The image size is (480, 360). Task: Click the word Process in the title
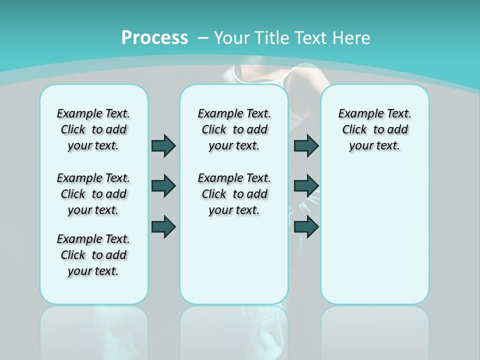point(154,37)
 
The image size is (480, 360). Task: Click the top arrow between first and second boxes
point(163,145)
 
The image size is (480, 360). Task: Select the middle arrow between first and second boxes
point(163,186)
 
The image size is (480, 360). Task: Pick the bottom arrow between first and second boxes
point(163,226)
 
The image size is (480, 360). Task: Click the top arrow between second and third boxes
point(306,145)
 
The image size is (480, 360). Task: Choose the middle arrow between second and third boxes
point(306,186)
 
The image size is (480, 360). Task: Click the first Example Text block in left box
point(93,129)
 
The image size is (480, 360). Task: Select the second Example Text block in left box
point(93,194)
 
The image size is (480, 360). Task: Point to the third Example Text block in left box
point(93,255)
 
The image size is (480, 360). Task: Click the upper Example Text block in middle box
point(234,129)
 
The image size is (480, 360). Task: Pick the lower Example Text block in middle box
point(234,194)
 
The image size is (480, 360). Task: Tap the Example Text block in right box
point(374,129)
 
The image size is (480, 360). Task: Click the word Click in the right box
point(354,129)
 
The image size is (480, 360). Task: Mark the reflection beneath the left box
point(93,330)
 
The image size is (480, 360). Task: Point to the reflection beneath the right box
point(374,330)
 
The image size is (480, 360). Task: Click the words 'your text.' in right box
point(374,145)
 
